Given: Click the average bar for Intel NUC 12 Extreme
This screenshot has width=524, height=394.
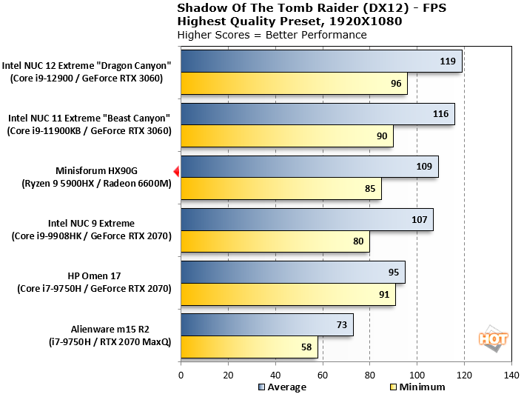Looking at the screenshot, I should pos(320,61).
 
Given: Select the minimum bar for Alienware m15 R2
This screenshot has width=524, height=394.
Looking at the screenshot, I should pos(249,347).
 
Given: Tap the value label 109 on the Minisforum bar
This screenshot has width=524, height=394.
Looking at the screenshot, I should pos(424,167).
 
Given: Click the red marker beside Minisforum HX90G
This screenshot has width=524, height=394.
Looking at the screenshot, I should pos(176,172).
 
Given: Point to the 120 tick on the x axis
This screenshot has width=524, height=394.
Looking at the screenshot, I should pos(464,375).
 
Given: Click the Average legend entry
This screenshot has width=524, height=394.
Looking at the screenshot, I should pos(281,387).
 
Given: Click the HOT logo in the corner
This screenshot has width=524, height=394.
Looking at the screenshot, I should pos(494,338).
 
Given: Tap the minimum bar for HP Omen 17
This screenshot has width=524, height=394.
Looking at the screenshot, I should pos(287,294).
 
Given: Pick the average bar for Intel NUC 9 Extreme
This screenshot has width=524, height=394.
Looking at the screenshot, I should pos(306,219).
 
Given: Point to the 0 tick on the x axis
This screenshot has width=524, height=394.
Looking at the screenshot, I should pos(180,375).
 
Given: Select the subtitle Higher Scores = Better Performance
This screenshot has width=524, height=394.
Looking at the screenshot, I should pos(272,35).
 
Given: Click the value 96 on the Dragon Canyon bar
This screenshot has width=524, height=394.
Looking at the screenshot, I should pos(395,84).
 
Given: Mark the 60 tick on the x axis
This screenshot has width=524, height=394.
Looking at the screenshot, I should pos(322,375).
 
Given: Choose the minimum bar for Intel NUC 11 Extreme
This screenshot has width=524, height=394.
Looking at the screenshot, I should pos(286,136).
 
